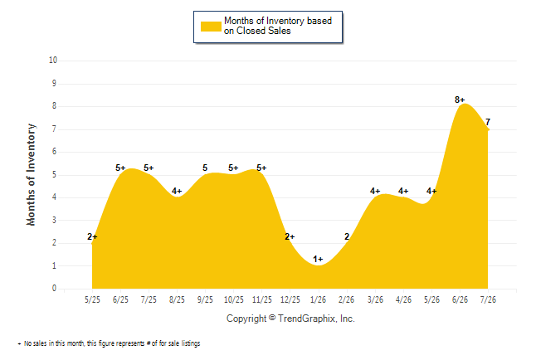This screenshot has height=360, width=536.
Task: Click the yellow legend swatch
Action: click(x=211, y=27)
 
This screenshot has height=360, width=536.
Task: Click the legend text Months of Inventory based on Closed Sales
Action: click(x=278, y=26)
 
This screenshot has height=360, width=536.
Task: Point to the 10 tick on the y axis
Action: click(x=53, y=61)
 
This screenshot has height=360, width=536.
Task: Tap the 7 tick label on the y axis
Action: click(x=54, y=129)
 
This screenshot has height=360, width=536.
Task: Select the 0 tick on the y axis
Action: click(x=54, y=289)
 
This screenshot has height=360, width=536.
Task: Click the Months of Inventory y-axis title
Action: click(x=31, y=175)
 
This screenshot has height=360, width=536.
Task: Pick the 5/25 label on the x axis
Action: click(x=92, y=299)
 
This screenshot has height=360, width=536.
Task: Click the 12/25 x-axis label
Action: click(x=290, y=299)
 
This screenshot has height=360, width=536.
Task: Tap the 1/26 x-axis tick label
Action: click(x=318, y=299)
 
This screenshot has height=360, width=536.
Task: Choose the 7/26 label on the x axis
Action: click(x=488, y=299)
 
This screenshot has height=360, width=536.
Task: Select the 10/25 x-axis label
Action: click(x=233, y=299)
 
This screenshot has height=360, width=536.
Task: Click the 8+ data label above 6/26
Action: click(x=460, y=100)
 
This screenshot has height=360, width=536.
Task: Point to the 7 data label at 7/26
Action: click(x=488, y=122)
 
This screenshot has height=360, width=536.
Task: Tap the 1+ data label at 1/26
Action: click(x=318, y=259)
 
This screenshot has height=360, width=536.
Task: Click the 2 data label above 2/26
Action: click(x=347, y=236)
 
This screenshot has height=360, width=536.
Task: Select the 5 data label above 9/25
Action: click(x=205, y=168)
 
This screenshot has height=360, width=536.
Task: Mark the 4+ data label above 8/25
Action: click(x=177, y=191)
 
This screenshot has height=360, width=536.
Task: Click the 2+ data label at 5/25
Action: click(x=92, y=236)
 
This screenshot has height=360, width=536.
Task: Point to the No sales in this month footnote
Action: click(x=109, y=343)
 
